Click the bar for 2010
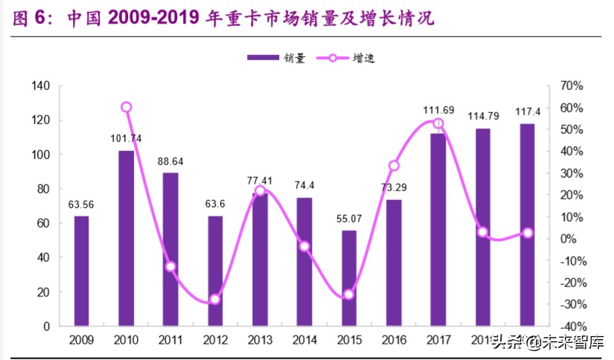[127, 238]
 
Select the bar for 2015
[349, 278]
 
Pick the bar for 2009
[82, 271]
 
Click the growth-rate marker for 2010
[127, 107]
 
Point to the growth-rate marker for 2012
[215, 299]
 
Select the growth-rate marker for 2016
[394, 166]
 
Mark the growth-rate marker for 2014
[304, 246]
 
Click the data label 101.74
[127, 138]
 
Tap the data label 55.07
[349, 219]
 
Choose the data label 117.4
[527, 112]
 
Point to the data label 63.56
[82, 205]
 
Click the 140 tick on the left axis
[41, 86]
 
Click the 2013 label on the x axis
[260, 341]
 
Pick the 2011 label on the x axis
[170, 341]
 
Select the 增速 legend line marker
[333, 57]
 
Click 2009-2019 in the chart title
[157, 19]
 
